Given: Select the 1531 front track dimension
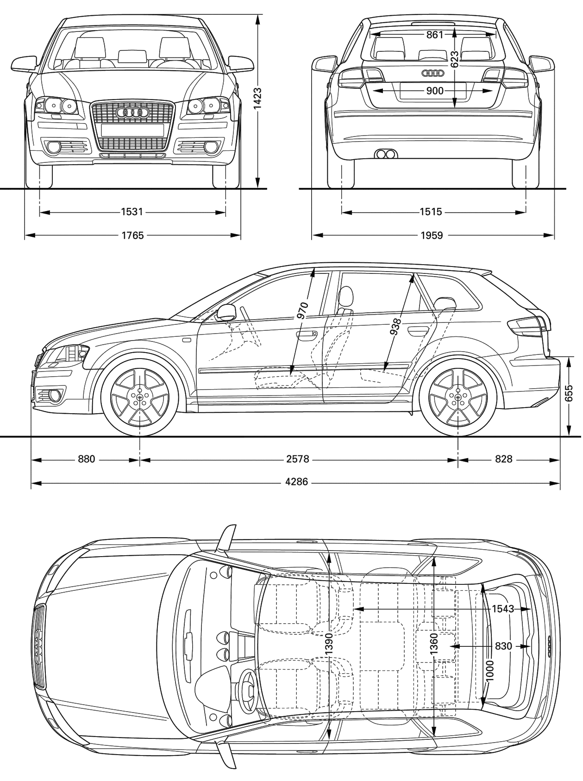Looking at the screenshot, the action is (x=132, y=212).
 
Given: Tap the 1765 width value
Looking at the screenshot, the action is (x=132, y=236).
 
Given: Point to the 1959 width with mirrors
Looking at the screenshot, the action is (x=432, y=236).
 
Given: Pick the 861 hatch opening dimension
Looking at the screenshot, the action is (x=435, y=35).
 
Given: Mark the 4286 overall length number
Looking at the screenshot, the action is (x=297, y=482).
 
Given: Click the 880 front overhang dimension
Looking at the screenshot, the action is (x=87, y=459).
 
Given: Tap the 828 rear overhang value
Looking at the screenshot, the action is (x=504, y=459).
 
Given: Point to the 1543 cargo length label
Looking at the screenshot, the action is (x=503, y=609).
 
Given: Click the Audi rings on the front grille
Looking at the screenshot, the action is (x=132, y=112).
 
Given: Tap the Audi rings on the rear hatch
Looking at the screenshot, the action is (x=433, y=73).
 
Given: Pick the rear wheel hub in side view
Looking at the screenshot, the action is (x=458, y=398).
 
